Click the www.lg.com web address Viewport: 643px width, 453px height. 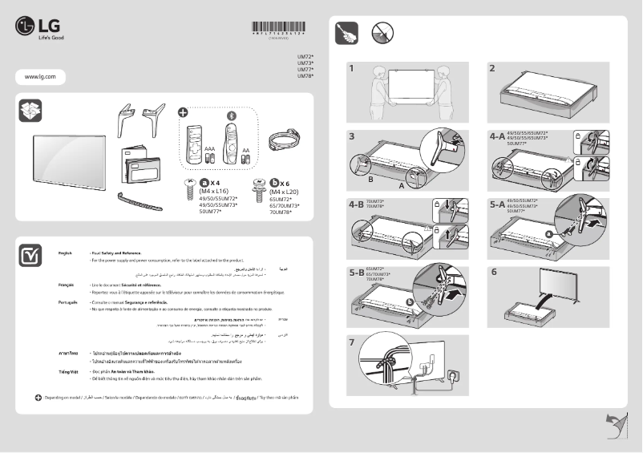40,76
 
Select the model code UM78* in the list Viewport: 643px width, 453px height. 305,76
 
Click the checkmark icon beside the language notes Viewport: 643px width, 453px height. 30,255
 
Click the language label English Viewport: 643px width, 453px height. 66,253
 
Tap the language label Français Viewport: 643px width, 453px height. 67,285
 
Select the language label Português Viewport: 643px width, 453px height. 67,302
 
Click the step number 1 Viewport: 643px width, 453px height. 351,68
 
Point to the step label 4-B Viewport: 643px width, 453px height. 356,204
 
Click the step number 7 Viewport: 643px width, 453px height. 351,341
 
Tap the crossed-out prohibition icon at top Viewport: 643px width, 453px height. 382,32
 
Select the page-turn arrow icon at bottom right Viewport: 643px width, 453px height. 613,426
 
